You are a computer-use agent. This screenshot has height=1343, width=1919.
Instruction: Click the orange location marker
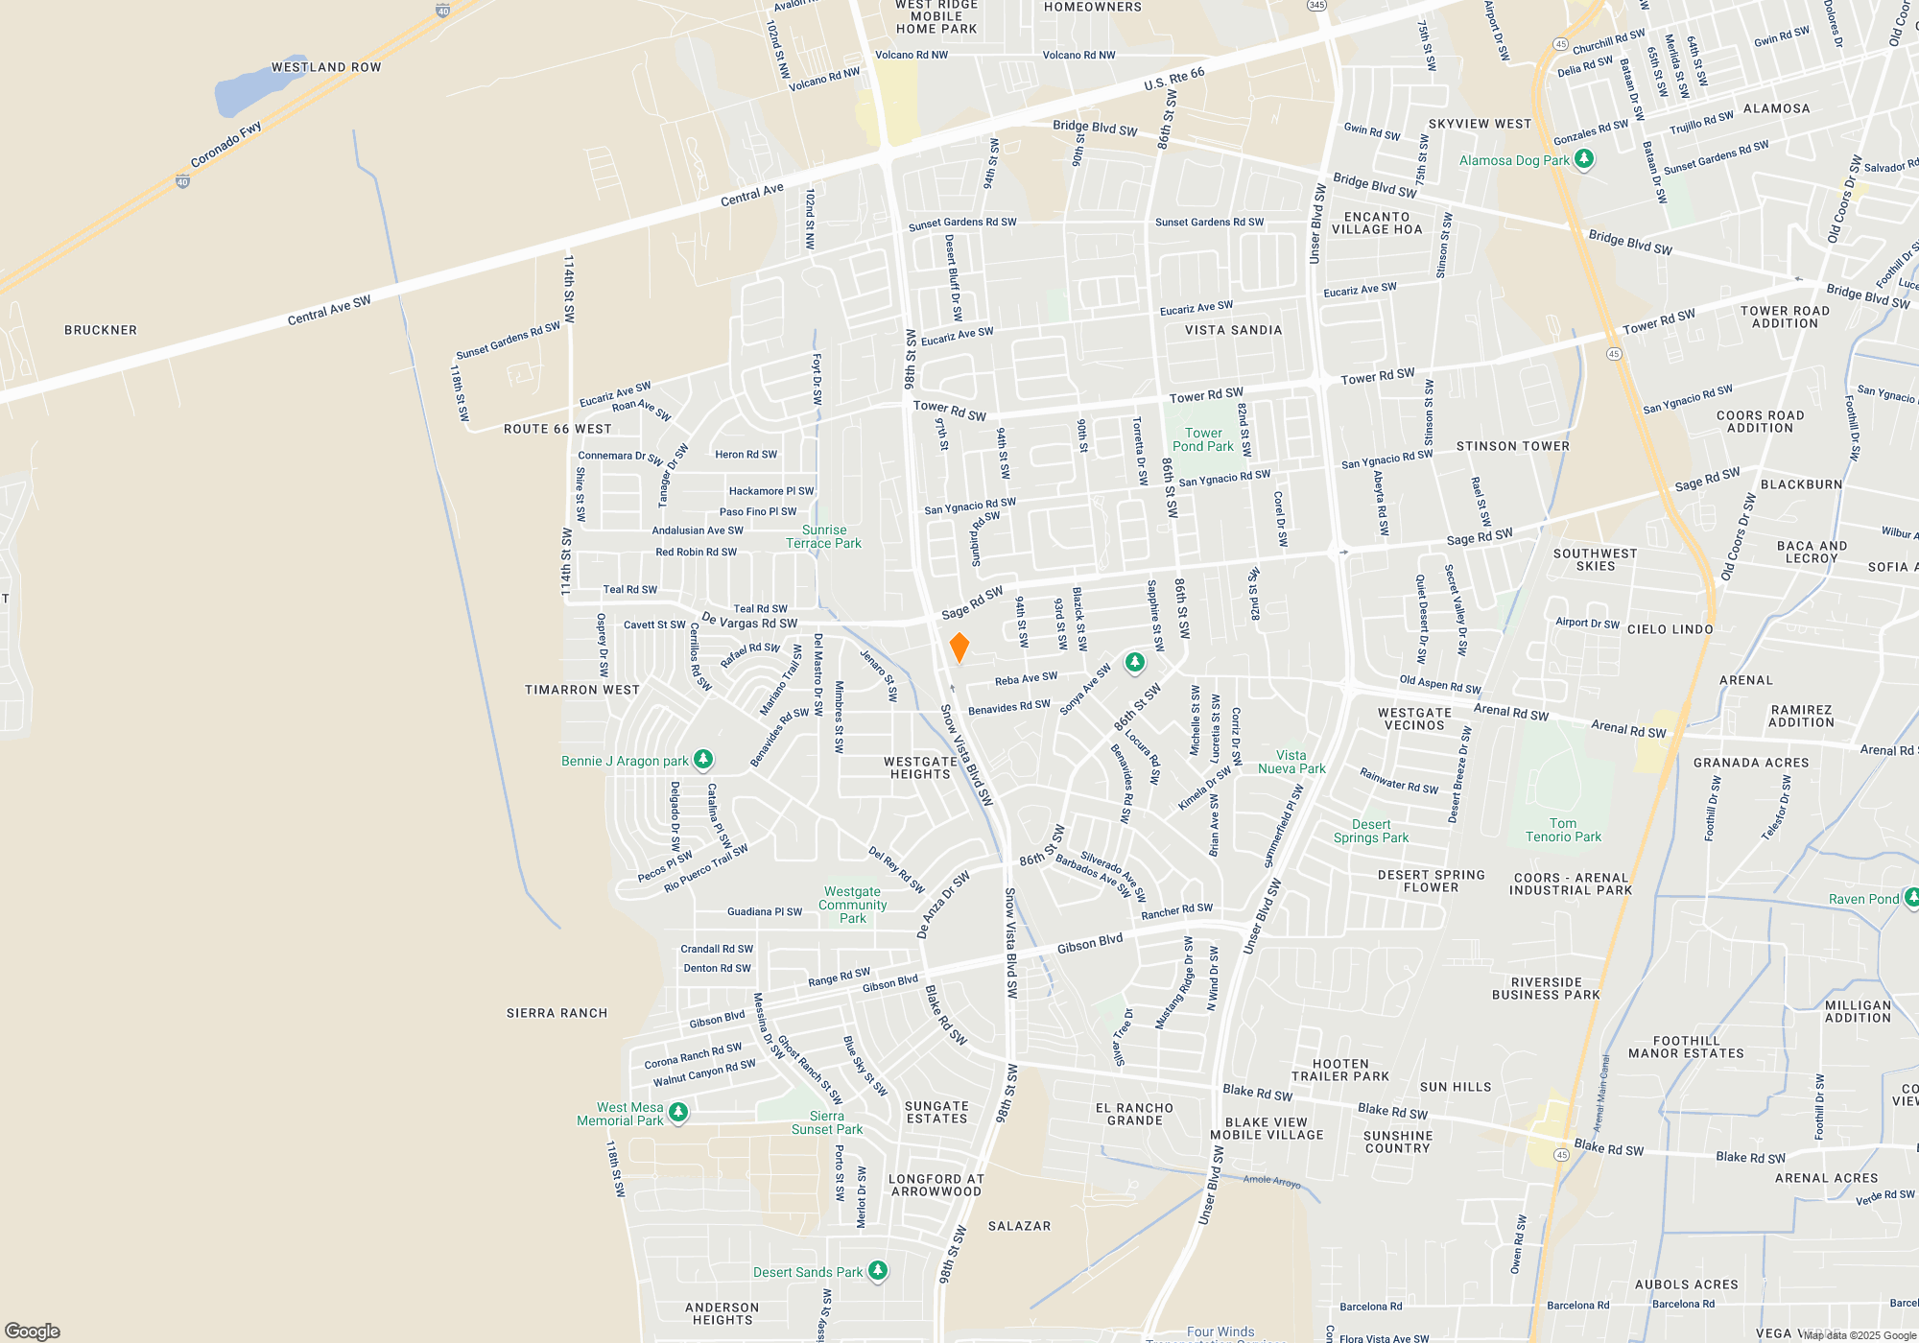(x=959, y=648)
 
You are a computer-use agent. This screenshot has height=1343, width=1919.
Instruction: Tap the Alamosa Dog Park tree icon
(x=1584, y=159)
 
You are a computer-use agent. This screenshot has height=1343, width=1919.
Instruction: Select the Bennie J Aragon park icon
(x=703, y=760)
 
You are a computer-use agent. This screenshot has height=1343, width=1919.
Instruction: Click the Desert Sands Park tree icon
(x=877, y=1271)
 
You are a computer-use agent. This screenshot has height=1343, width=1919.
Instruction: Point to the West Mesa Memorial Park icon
(x=678, y=1113)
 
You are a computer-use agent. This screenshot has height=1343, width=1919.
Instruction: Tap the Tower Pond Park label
(x=1203, y=439)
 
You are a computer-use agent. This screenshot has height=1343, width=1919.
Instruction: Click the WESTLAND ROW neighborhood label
(x=326, y=67)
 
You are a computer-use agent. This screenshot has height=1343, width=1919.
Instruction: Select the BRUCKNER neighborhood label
(x=101, y=330)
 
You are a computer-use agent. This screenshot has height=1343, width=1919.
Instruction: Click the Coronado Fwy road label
(x=225, y=145)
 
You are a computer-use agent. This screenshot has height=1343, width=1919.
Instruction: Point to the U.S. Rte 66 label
(x=1173, y=79)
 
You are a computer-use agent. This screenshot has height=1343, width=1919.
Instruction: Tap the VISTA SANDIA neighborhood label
(x=1233, y=330)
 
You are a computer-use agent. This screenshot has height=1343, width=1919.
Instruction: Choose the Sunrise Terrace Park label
(x=823, y=536)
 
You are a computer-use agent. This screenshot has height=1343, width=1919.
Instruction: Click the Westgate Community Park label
(x=852, y=905)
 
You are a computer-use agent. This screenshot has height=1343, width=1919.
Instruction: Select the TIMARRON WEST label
(x=582, y=690)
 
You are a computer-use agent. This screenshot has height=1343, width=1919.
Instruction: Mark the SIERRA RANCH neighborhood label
(x=557, y=1013)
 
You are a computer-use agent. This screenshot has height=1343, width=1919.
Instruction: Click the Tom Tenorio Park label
(x=1563, y=830)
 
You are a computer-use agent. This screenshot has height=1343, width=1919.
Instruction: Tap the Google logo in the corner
(x=32, y=1331)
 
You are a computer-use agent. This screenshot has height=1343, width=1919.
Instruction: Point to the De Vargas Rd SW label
(x=749, y=621)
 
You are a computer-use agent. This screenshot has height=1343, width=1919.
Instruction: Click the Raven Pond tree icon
(x=1911, y=898)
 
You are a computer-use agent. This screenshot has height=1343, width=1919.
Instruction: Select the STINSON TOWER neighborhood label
(x=1512, y=446)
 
